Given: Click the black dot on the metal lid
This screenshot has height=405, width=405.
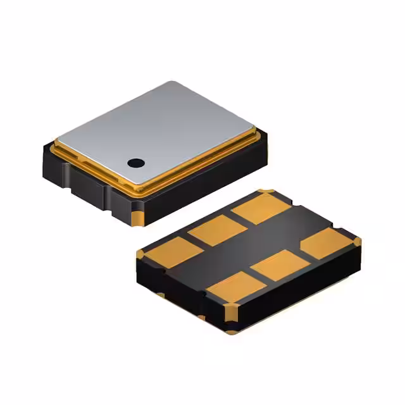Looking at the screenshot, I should [x=135, y=163].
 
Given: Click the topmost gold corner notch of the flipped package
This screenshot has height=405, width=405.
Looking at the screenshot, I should [x=266, y=192].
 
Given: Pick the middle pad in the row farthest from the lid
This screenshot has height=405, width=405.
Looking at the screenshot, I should [x=280, y=265].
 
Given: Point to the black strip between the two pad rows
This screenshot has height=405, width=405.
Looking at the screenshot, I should [x=253, y=244].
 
